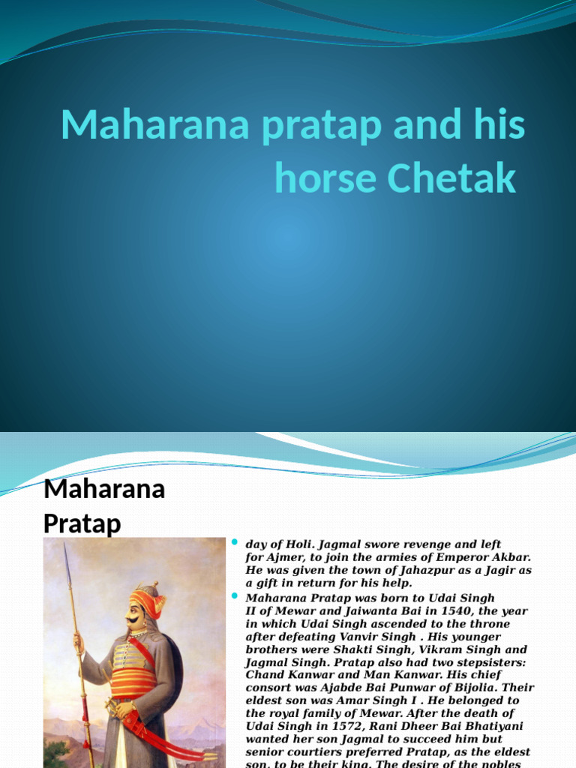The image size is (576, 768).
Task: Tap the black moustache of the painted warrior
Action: (134, 619)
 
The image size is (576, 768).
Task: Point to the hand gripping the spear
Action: (78, 642)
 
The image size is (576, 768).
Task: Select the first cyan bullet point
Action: (234, 542)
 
